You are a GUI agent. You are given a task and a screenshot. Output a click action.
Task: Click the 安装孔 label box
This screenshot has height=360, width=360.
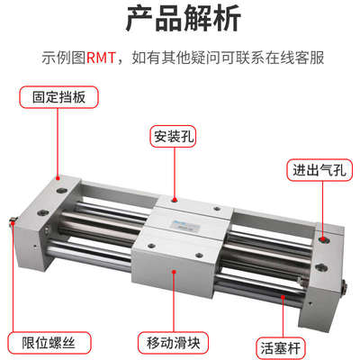pyautogui.click(x=172, y=137)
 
